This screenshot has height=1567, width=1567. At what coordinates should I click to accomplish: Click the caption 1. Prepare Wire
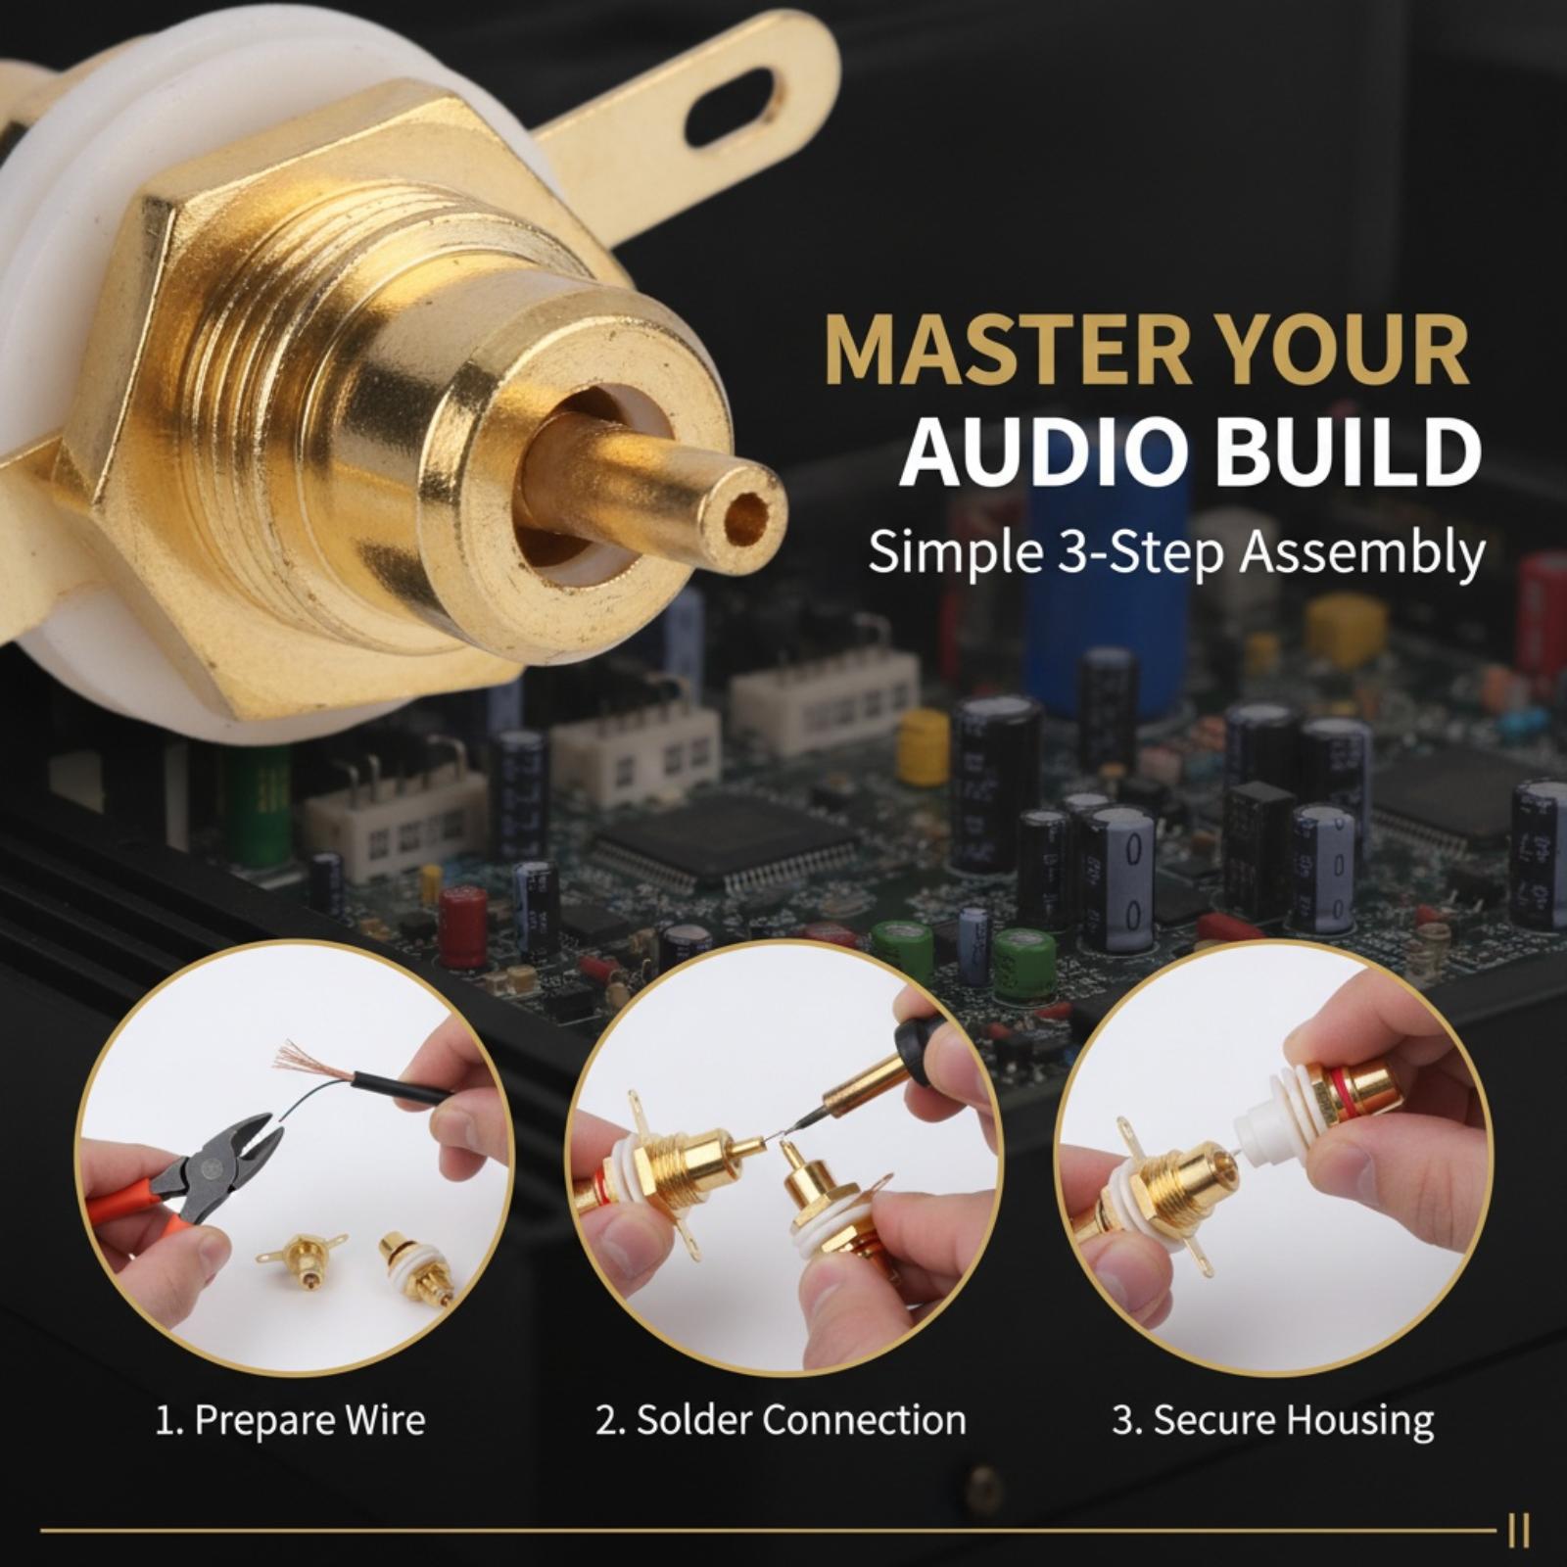pos(291,1420)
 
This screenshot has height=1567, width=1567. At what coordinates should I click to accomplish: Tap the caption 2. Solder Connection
pos(781,1420)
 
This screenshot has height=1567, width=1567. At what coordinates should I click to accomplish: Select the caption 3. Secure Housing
pos(1272,1420)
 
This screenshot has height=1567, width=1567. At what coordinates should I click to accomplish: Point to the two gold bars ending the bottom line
pos(1519,1531)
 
